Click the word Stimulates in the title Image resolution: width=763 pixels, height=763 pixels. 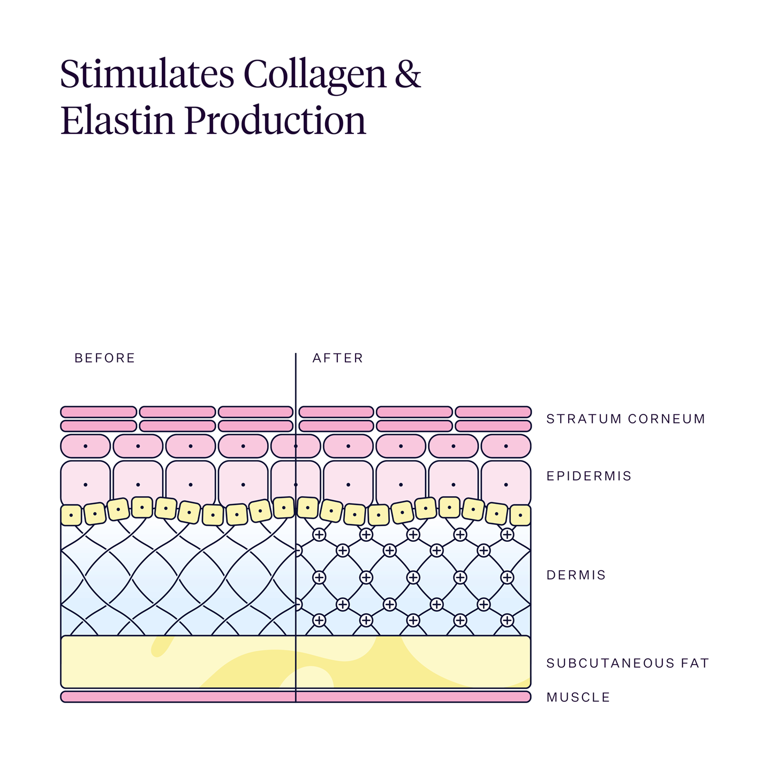pos(147,74)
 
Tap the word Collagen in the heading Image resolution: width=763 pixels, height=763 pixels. pos(315,77)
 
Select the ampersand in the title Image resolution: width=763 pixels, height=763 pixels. pos(408,74)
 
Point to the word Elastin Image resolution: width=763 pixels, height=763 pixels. pos(117,120)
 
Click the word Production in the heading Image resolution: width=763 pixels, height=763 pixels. pos(275,120)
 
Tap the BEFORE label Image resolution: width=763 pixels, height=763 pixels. pos(105,358)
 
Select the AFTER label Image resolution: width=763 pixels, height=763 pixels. pos(338,358)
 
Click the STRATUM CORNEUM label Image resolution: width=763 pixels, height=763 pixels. pos(625,419)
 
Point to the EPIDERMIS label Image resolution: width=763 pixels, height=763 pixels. pos(589,476)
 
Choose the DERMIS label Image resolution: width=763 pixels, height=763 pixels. pos(576,575)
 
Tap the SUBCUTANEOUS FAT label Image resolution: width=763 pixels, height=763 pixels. pos(628,663)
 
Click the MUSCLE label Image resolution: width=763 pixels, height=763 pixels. pos(578,697)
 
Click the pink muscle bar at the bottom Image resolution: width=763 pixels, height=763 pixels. pos(296,697)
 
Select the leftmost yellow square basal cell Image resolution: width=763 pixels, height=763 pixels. pos(71,516)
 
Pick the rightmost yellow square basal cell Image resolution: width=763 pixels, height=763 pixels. pos(520,515)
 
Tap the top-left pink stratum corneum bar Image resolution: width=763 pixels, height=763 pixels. pos(99,412)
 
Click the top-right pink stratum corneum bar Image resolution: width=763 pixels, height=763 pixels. pos(493,412)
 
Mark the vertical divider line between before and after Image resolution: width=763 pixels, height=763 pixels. pos(296,528)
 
